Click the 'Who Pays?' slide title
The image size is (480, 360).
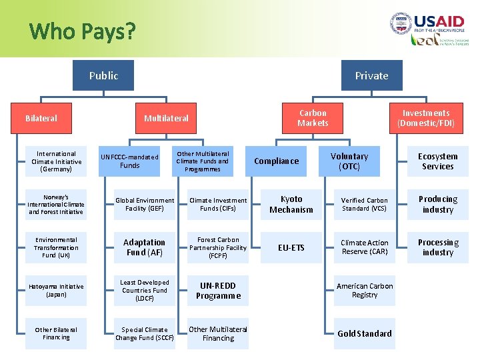coord(83,31)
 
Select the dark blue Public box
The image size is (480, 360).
coord(104,75)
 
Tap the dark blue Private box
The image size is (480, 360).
coord(371,75)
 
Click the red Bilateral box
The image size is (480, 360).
coord(41,118)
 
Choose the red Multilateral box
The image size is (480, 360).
coord(167,118)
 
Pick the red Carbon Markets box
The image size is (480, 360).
coord(313,118)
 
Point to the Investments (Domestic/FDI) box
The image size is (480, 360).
coord(426,118)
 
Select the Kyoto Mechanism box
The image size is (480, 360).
coord(291,204)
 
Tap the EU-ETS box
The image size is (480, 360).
coord(291,247)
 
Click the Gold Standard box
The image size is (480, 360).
coord(365,333)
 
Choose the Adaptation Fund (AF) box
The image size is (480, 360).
coord(144,247)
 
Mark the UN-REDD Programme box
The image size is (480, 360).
coord(218,291)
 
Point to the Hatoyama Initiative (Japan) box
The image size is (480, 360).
coord(56,291)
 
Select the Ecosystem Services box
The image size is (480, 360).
coord(437,161)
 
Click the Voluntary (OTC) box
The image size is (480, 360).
coord(349,161)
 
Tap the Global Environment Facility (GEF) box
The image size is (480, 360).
coord(144,204)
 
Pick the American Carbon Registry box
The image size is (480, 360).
coord(365,291)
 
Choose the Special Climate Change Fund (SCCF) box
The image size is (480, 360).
coord(144,333)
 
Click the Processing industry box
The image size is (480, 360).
coord(437,247)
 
